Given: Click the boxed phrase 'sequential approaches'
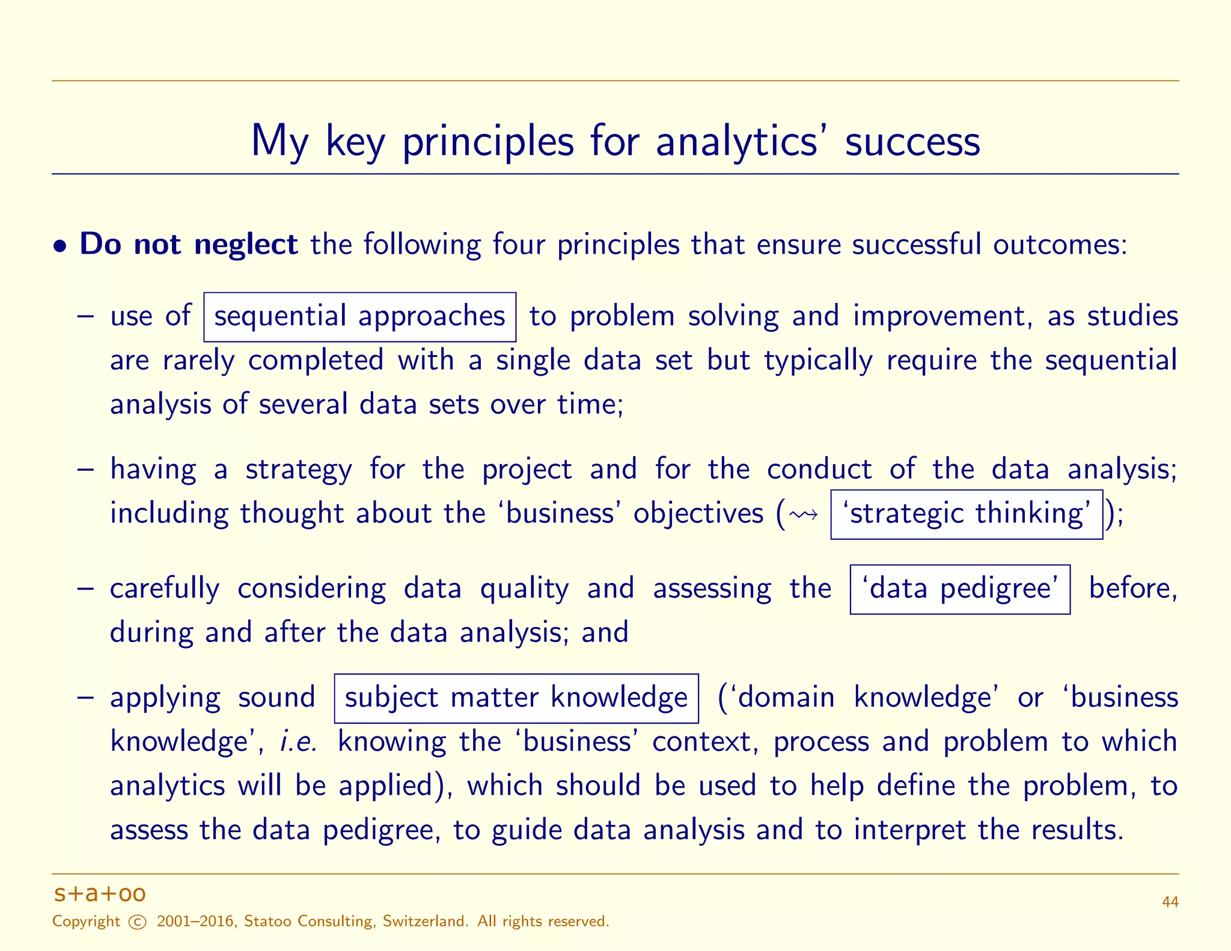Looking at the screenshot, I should tap(359, 317).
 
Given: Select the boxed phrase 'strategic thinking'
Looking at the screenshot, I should tap(966, 514).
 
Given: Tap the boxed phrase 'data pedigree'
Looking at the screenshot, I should tap(959, 589).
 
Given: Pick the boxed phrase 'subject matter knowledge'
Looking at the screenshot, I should tap(516, 699).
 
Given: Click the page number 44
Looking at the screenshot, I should tap(1170, 902).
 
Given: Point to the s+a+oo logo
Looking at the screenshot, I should tap(100, 894).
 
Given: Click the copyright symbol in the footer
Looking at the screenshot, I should tap(138, 922).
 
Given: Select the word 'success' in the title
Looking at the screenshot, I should tap(912, 142).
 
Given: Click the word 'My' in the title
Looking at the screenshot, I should tap(279, 142).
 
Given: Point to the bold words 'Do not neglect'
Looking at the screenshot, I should tap(188, 245).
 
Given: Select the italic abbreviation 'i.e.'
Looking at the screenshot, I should tap(299, 742).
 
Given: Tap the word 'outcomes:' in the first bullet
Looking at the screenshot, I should tap(1060, 245).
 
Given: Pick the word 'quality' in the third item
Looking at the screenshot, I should tap(524, 589).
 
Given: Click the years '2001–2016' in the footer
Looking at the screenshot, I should tap(195, 922).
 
